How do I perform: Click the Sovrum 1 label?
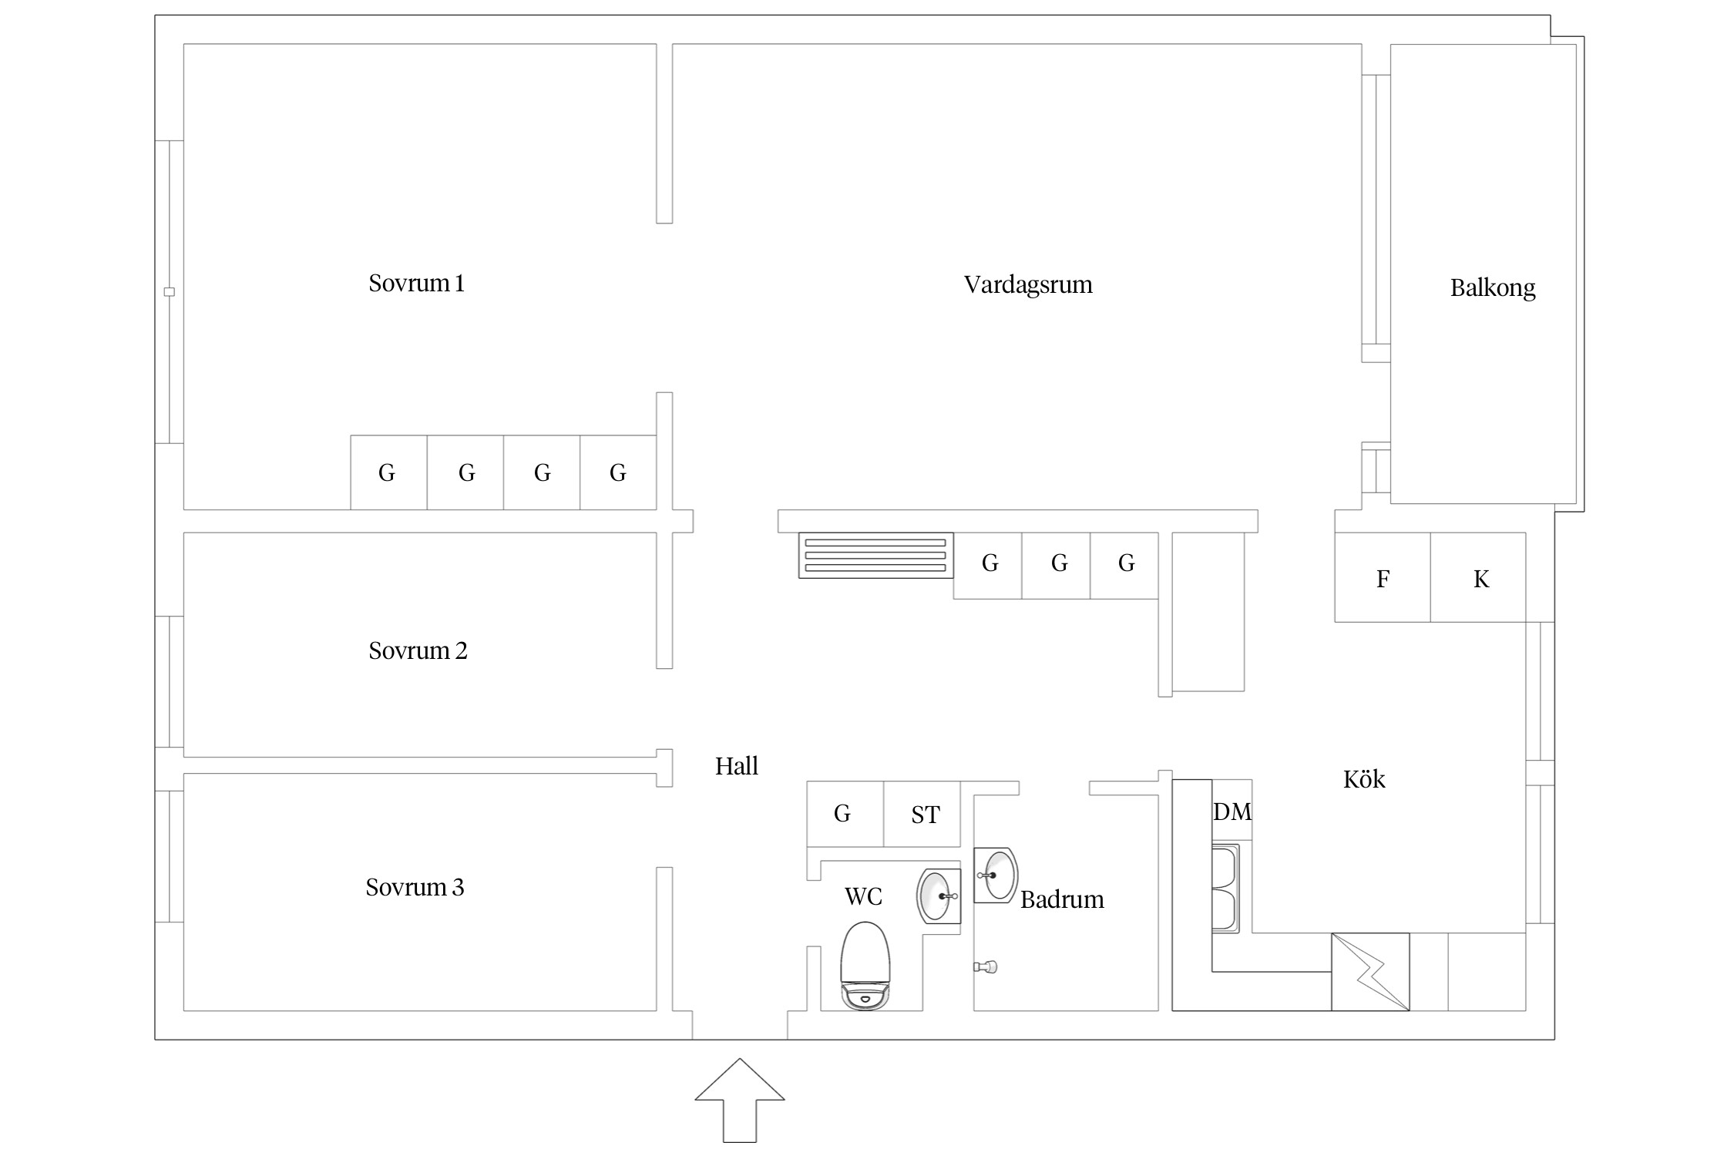416,284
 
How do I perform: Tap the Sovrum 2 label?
418,651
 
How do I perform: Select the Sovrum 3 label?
415,888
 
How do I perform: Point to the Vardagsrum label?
1028,285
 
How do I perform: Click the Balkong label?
1493,288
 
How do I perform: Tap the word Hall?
737,766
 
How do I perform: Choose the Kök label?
1364,779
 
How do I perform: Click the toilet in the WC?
865,966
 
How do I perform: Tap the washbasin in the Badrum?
996,875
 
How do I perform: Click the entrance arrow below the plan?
740,1100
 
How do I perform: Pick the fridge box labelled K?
1478,577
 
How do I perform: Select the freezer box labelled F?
1383,577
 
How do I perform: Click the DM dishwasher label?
1232,812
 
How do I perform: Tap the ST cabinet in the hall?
922,814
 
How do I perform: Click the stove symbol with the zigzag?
1370,972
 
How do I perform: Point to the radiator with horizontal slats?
876,555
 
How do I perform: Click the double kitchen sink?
1226,889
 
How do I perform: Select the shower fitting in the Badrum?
986,966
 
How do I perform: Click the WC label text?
863,896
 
